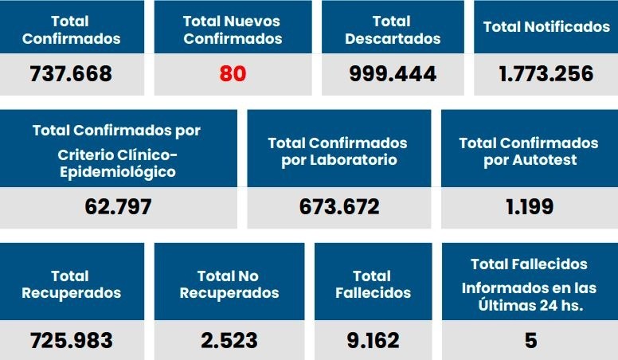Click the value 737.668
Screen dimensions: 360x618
click(x=71, y=75)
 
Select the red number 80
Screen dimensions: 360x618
click(x=233, y=75)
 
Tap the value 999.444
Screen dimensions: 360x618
click(x=393, y=75)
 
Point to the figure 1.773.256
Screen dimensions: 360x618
click(x=546, y=75)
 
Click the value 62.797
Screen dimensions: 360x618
click(x=118, y=208)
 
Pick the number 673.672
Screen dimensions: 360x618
click(x=339, y=208)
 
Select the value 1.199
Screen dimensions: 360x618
click(x=530, y=208)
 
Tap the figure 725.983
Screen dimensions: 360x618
click(x=72, y=341)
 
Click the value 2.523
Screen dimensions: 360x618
click(x=229, y=341)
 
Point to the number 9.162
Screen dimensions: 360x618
click(x=373, y=341)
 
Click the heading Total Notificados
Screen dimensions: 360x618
click(x=546, y=27)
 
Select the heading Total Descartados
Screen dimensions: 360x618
click(x=393, y=29)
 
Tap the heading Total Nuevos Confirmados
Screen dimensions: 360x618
click(x=233, y=29)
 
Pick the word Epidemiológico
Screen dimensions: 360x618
click(x=118, y=171)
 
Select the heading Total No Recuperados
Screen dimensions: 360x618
click(x=229, y=284)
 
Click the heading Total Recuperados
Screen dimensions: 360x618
click(x=72, y=284)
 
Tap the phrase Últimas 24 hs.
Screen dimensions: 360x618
click(x=529, y=305)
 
